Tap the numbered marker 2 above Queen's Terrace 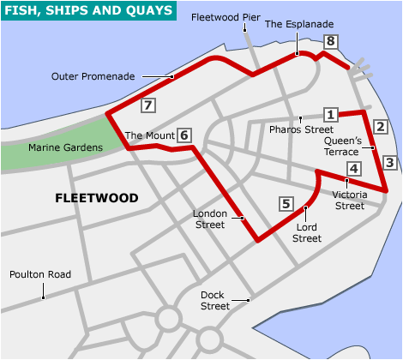click(382, 127)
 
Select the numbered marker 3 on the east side click(389, 162)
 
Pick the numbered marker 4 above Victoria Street click(352, 169)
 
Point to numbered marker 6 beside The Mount click(184, 135)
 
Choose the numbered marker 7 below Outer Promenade click(148, 106)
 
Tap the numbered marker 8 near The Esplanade click(331, 41)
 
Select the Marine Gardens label click(64, 147)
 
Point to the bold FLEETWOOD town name click(96, 198)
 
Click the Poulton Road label click(39, 275)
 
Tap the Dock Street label click(214, 300)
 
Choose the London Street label click(209, 219)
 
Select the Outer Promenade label click(93, 75)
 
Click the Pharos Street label click(300, 129)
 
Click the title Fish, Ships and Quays click(88, 10)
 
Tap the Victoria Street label click(348, 200)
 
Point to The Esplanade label click(299, 24)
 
